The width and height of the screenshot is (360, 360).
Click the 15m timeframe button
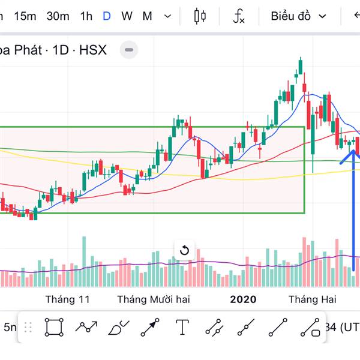[x=25, y=16]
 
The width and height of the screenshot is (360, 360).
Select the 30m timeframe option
[x=58, y=16]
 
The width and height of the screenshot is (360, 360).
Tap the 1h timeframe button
[x=86, y=16]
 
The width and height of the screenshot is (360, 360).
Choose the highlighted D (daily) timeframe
[x=107, y=16]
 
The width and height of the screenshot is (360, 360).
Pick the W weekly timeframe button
[x=127, y=16]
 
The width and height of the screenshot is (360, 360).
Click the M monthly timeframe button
[x=147, y=16]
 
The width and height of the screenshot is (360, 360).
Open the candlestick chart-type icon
[x=200, y=16]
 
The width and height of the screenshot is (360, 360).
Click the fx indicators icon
[x=239, y=16]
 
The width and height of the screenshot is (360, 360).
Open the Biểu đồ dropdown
[x=298, y=16]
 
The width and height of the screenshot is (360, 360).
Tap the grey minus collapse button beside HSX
[x=129, y=50]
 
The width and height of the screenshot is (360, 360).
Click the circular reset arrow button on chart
[x=184, y=250]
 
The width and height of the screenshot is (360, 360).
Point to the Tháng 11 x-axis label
[x=67, y=299]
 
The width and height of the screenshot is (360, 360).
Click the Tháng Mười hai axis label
[x=153, y=299]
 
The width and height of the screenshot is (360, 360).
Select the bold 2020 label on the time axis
[x=243, y=299]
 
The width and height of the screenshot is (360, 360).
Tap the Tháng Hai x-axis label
[x=312, y=299]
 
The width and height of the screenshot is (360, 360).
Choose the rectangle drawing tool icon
[x=54, y=328]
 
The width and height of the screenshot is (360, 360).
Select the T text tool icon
[x=182, y=328]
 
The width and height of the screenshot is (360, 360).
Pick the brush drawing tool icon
[x=118, y=328]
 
